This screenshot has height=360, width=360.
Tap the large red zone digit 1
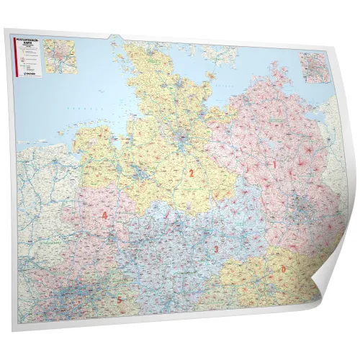point(274,165)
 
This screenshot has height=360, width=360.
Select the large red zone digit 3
point(215,248)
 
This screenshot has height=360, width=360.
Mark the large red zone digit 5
point(120,300)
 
